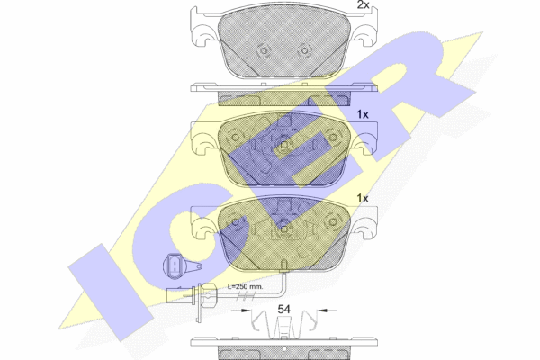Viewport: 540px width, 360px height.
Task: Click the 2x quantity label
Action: [363, 4]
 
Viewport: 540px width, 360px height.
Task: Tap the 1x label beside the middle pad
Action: [363, 114]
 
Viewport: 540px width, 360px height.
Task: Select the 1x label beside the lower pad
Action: [363, 198]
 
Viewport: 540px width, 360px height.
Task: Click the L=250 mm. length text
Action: [246, 286]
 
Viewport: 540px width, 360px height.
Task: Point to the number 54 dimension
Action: [283, 309]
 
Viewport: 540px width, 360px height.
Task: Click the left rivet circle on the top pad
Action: [264, 51]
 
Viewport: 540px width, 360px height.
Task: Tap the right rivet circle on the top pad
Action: [304, 51]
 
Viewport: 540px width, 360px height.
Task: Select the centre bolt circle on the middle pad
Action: [283, 145]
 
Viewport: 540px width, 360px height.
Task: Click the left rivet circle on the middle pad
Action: [236, 138]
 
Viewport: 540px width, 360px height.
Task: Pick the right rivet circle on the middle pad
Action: [333, 138]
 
